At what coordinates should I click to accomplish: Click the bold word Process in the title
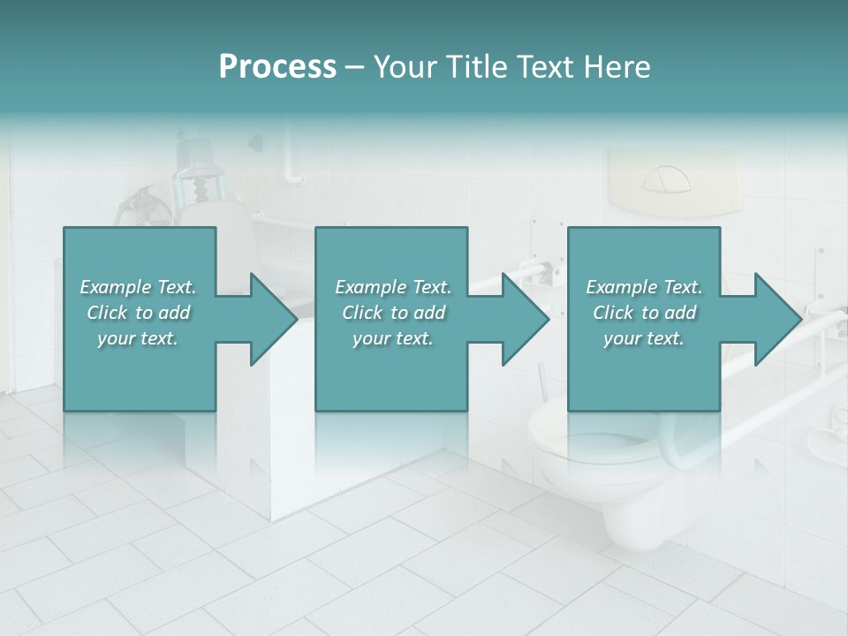pyautogui.click(x=277, y=67)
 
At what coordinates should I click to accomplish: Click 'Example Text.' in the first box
pyautogui.click(x=139, y=287)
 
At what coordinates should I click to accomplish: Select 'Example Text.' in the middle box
pyautogui.click(x=393, y=287)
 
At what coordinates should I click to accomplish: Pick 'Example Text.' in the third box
pyautogui.click(x=644, y=287)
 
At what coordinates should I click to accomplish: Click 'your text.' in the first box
pyautogui.click(x=138, y=338)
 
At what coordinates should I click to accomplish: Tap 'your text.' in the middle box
pyautogui.click(x=393, y=338)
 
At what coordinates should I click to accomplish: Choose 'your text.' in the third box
pyautogui.click(x=644, y=338)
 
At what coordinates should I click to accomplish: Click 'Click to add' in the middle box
pyautogui.click(x=393, y=313)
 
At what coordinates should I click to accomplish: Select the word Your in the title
pyautogui.click(x=403, y=67)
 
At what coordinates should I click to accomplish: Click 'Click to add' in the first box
pyautogui.click(x=139, y=313)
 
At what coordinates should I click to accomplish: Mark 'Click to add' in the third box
pyautogui.click(x=644, y=313)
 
